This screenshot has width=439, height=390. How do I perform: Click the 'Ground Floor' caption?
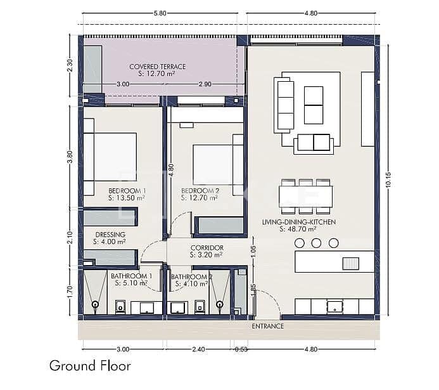click(90, 365)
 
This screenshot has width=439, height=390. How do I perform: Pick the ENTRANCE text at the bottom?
click(267, 326)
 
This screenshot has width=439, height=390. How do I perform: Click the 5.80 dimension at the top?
click(160, 13)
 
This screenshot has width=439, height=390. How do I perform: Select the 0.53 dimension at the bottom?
click(241, 349)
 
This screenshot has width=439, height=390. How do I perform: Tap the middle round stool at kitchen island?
click(317, 243)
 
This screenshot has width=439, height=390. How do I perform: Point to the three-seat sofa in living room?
click(284, 105)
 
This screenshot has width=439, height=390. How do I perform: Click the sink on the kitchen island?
click(350, 262)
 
